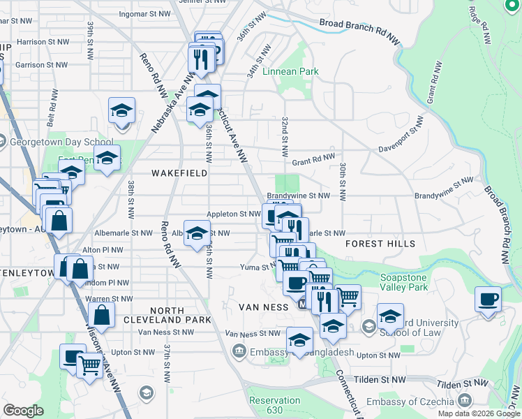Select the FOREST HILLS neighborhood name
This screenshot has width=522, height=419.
click(x=380, y=244)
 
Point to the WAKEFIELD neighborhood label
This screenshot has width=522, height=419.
click(x=179, y=172)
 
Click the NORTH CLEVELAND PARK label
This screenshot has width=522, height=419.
click(x=177, y=315)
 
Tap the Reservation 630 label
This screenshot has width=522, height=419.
click(x=274, y=405)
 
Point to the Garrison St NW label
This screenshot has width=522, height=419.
click(x=41, y=64)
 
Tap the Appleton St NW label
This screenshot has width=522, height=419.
click(x=233, y=214)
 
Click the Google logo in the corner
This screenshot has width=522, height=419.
click(x=24, y=411)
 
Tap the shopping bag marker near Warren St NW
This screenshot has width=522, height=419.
click(x=102, y=315)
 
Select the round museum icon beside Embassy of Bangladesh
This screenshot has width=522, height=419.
click(x=239, y=350)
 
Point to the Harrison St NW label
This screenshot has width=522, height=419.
click(x=43, y=42)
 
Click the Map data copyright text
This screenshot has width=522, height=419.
click(x=478, y=413)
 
